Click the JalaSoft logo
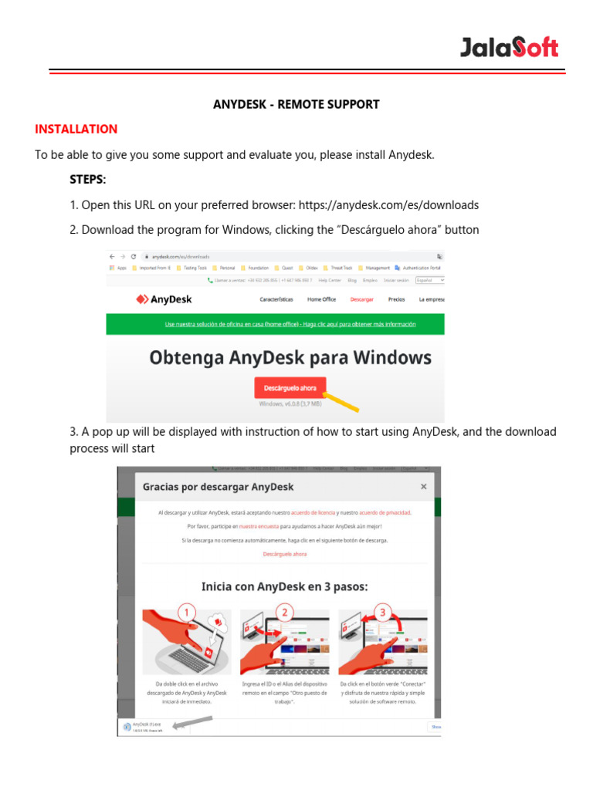pyautogui.click(x=509, y=47)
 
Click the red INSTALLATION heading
pyautogui.click(x=76, y=129)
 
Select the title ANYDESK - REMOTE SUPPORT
pyautogui.click(x=296, y=104)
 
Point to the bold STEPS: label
pyautogui.click(x=88, y=180)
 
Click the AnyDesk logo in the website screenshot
pyautogui.click(x=164, y=299)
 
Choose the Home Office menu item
pyautogui.click(x=321, y=299)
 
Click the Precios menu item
pyautogui.click(x=396, y=299)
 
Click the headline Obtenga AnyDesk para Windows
pyautogui.click(x=290, y=358)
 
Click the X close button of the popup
pyautogui.click(x=423, y=487)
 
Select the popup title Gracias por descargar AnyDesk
pyautogui.click(x=218, y=487)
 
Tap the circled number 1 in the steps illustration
pyautogui.click(x=185, y=613)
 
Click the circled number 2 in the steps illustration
pyautogui.click(x=284, y=613)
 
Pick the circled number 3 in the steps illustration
pyautogui.click(x=382, y=613)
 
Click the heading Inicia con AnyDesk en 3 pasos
pyautogui.click(x=284, y=586)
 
